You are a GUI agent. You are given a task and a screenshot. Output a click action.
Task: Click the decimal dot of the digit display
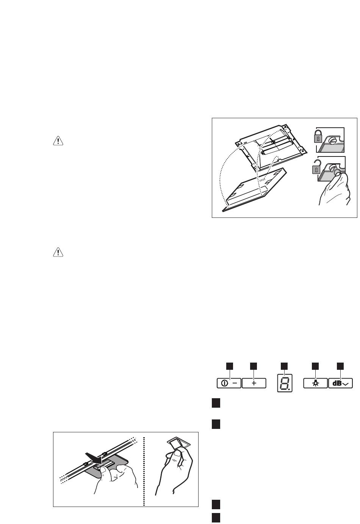tap(290, 389)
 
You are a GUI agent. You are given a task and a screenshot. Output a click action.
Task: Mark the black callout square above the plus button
tap(254, 366)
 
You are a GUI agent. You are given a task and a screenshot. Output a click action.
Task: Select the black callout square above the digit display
tap(284, 366)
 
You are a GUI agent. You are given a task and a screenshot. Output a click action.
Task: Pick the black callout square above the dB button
tap(340, 366)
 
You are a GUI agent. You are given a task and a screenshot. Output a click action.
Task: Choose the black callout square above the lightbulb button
tap(315, 366)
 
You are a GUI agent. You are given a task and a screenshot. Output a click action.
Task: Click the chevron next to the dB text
tap(346, 384)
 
